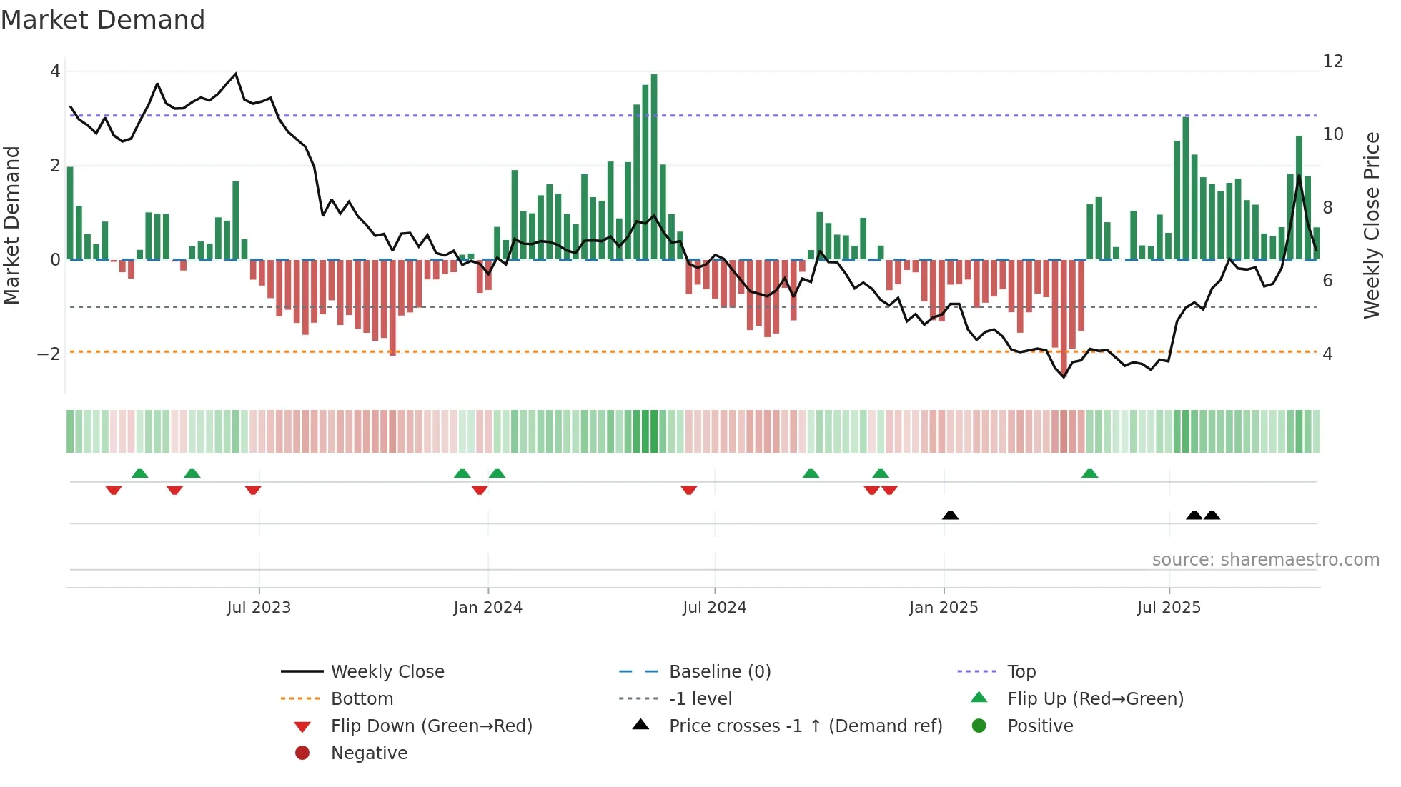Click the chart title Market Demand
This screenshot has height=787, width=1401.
(103, 20)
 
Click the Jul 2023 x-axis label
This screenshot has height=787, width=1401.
(259, 608)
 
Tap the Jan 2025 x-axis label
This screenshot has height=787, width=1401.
(944, 608)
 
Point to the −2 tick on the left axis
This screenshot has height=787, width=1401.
(49, 354)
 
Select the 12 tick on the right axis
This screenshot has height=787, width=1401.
(1332, 61)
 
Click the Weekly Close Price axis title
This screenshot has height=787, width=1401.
(1371, 225)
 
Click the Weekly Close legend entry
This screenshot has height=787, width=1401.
(387, 672)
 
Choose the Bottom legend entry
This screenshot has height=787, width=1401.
(362, 699)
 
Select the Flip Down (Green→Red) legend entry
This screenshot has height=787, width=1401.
(431, 726)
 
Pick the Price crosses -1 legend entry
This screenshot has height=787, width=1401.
(805, 726)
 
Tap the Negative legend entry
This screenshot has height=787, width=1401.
(369, 753)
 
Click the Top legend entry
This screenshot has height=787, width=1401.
(1021, 672)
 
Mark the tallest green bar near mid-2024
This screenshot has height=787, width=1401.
(654, 164)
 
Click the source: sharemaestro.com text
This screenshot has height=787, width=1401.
(1265, 560)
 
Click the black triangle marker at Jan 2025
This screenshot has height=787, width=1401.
(950, 515)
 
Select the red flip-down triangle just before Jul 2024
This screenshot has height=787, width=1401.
(688, 490)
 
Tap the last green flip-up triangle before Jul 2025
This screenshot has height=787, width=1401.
(1089, 473)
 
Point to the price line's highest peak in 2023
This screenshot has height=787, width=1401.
(236, 74)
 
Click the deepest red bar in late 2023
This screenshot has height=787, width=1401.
(392, 307)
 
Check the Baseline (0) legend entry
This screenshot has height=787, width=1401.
(719, 672)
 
